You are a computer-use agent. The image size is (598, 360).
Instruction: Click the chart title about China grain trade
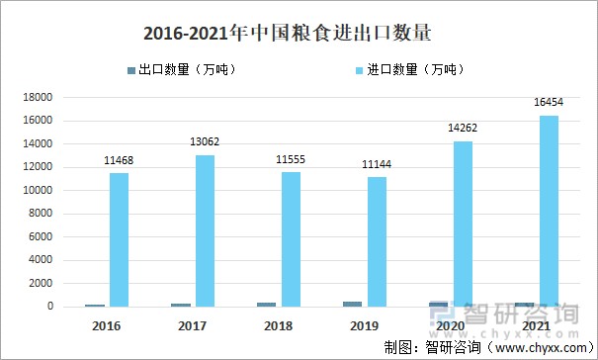(288, 35)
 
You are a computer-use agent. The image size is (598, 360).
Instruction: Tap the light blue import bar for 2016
(120, 239)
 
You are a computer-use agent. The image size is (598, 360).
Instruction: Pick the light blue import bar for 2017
(205, 230)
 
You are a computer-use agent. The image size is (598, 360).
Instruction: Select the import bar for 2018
(291, 239)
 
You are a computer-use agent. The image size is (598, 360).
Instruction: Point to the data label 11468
(120, 160)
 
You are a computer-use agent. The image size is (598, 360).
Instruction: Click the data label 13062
(206, 142)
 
